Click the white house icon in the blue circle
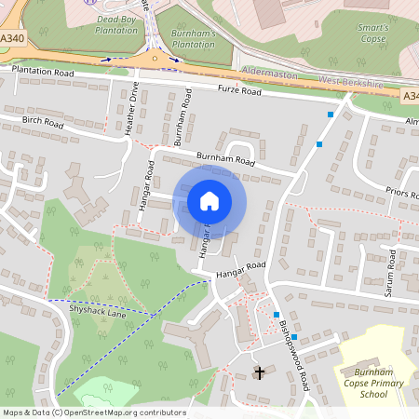point(209,201)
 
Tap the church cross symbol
point(260,373)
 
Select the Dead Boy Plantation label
point(116,22)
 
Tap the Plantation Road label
point(42,71)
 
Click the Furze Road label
point(240,90)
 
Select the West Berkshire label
point(352,83)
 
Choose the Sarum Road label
point(392,270)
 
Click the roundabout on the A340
point(155,59)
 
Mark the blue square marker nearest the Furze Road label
point(331,114)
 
